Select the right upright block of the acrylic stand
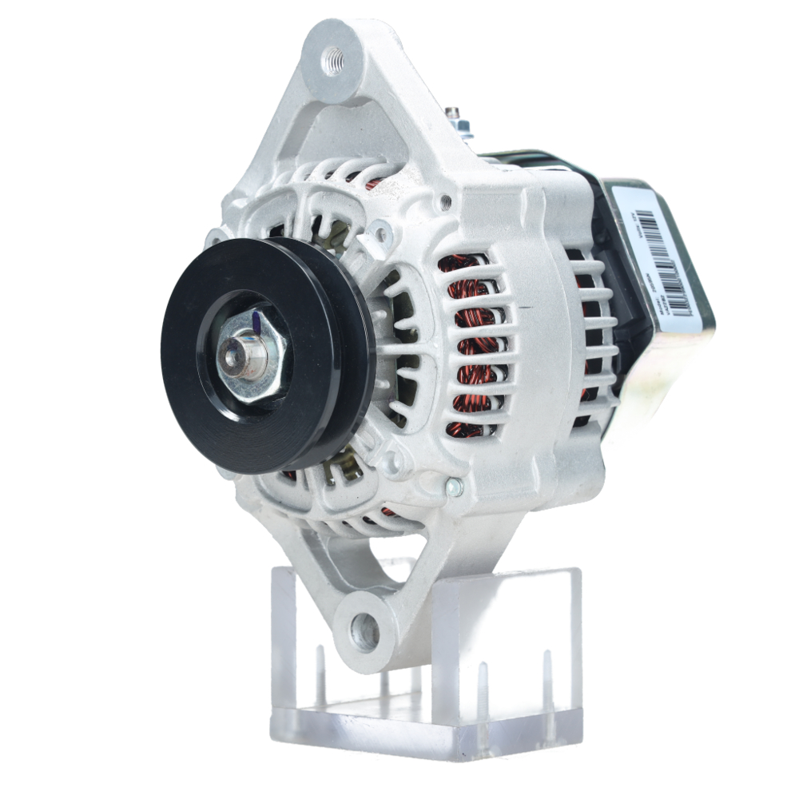511,639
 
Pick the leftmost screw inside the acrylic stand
320,671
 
